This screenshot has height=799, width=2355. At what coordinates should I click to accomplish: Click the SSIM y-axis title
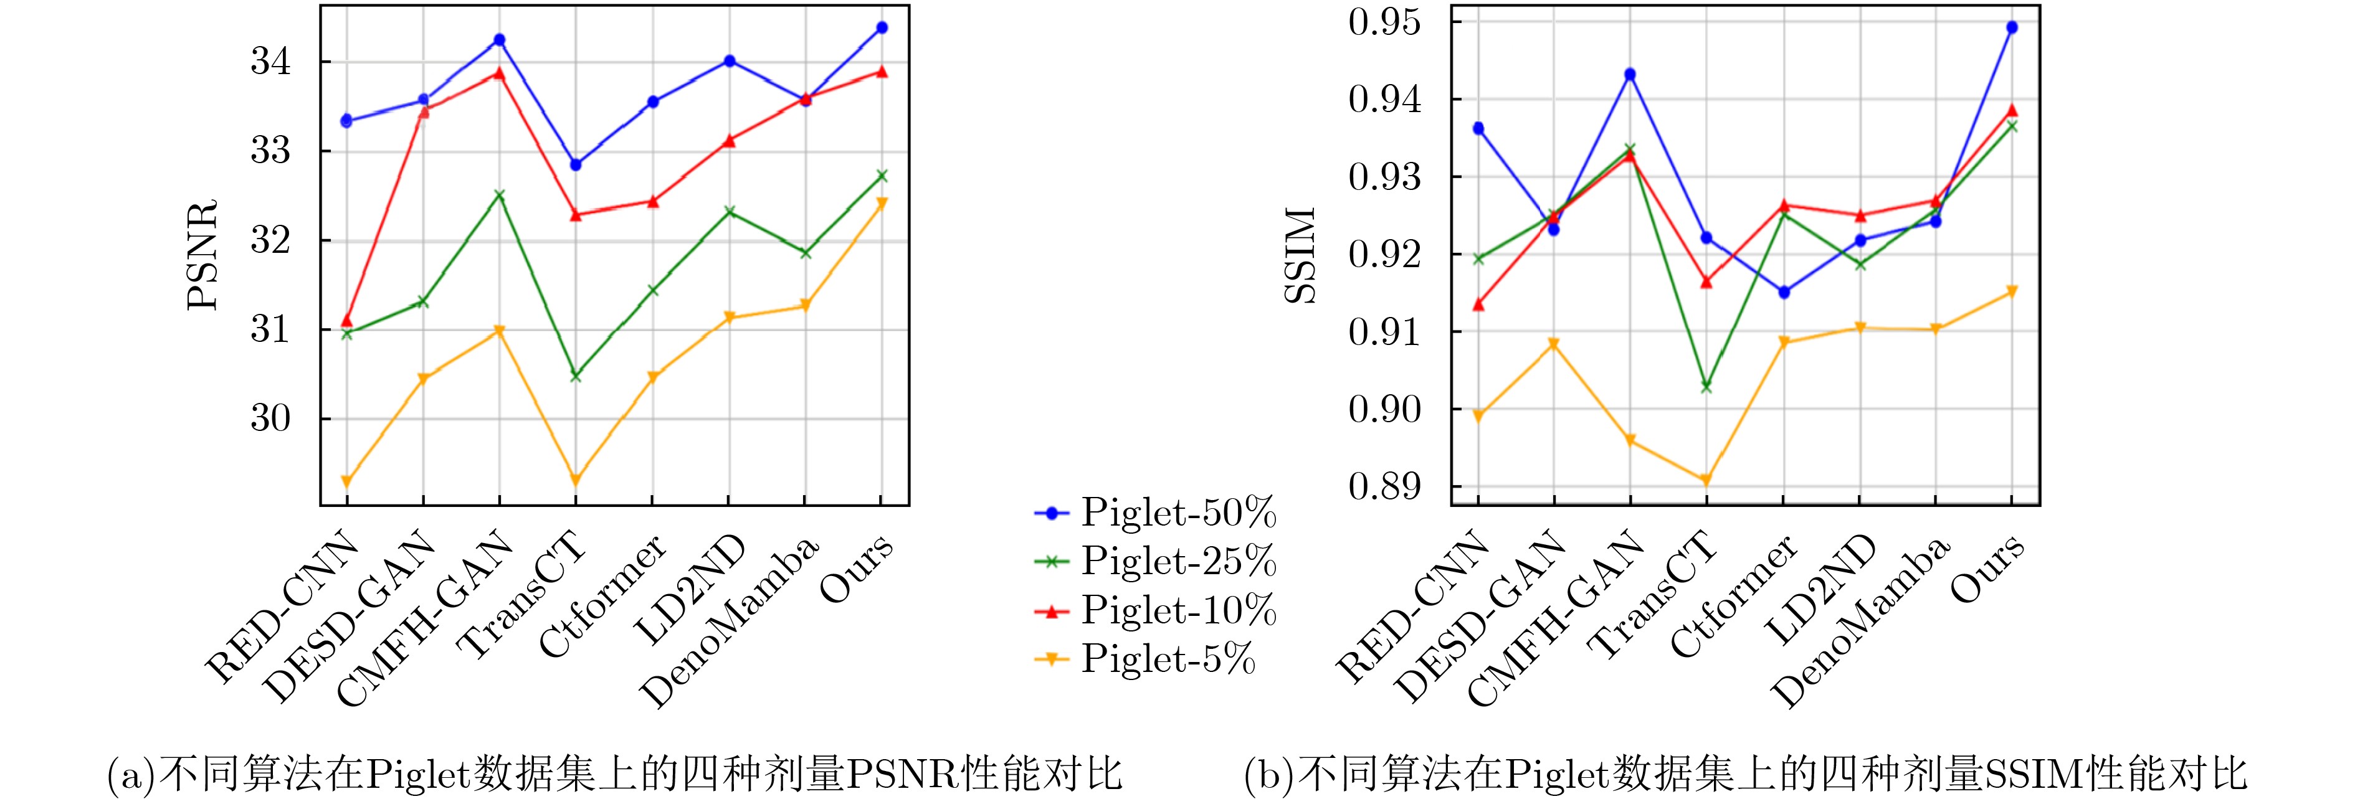1301,255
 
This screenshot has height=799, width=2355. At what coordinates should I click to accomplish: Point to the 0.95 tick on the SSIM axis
1385,22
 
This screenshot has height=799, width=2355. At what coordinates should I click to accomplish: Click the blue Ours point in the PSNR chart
882,27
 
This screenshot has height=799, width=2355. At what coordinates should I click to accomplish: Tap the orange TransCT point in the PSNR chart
575,481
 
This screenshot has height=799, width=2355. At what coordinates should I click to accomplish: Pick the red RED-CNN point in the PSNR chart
346,321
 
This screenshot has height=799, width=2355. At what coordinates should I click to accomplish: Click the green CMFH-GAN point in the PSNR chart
499,195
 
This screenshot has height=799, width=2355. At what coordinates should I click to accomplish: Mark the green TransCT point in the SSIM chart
1706,387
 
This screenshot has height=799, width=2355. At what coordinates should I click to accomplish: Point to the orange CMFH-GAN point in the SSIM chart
1630,441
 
